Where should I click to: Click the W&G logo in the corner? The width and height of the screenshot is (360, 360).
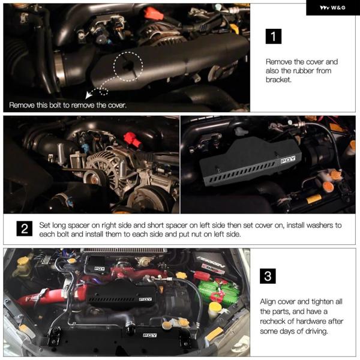(x=332, y=8)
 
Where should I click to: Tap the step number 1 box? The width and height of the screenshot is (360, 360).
(x=273, y=36)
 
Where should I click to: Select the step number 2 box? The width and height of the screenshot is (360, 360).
(x=25, y=229)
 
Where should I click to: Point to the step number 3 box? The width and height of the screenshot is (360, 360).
(x=268, y=276)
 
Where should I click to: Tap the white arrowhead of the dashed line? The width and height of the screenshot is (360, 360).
(x=88, y=95)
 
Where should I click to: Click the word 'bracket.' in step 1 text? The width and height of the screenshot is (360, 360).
(x=278, y=80)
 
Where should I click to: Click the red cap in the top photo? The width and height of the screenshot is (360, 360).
(x=154, y=13)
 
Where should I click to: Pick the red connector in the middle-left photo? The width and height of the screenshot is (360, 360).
(x=133, y=139)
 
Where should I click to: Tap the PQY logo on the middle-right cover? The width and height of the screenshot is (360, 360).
(x=288, y=160)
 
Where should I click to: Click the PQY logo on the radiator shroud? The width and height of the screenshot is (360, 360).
(x=149, y=335)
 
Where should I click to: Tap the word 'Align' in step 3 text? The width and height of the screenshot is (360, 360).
(x=269, y=302)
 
